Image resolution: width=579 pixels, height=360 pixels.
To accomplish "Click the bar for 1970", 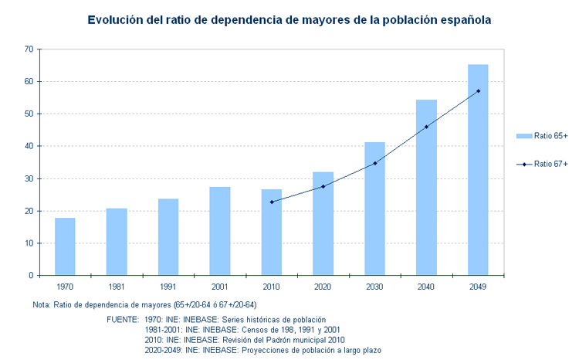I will (x=65, y=246).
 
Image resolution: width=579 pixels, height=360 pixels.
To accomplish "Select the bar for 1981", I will (x=117, y=242).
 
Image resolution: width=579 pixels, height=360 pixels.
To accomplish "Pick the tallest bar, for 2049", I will (x=478, y=170).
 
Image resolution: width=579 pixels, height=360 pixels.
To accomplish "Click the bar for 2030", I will (x=374, y=209).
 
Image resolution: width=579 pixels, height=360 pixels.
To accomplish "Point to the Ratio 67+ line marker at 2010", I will (x=272, y=202).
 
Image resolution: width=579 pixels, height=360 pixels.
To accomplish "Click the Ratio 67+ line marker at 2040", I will (x=426, y=127).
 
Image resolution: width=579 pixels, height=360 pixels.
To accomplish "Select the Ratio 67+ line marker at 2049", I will (x=478, y=91).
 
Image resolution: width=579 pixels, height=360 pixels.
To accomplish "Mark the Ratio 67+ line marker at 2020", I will (x=323, y=186).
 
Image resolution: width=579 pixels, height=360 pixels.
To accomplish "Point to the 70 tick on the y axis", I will (x=29, y=49).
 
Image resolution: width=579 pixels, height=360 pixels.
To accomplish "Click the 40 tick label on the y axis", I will (x=29, y=146).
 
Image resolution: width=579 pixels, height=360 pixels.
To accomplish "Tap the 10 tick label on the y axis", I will (x=29, y=243).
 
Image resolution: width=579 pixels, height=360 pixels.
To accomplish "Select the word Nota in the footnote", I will (x=42, y=304).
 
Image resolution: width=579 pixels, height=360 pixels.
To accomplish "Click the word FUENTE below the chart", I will (x=122, y=319).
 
